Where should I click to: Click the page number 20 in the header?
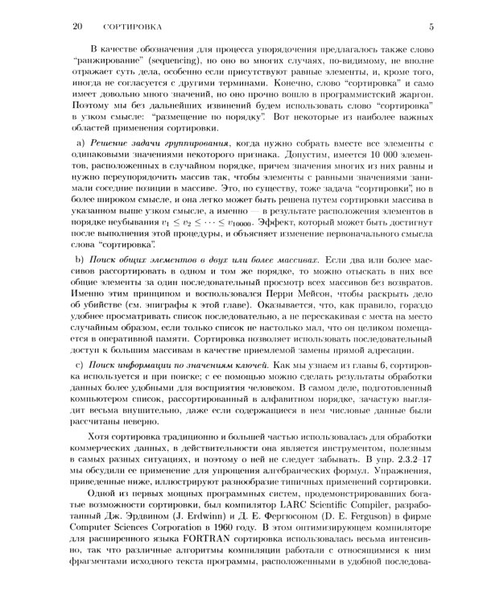pos(78,27)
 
